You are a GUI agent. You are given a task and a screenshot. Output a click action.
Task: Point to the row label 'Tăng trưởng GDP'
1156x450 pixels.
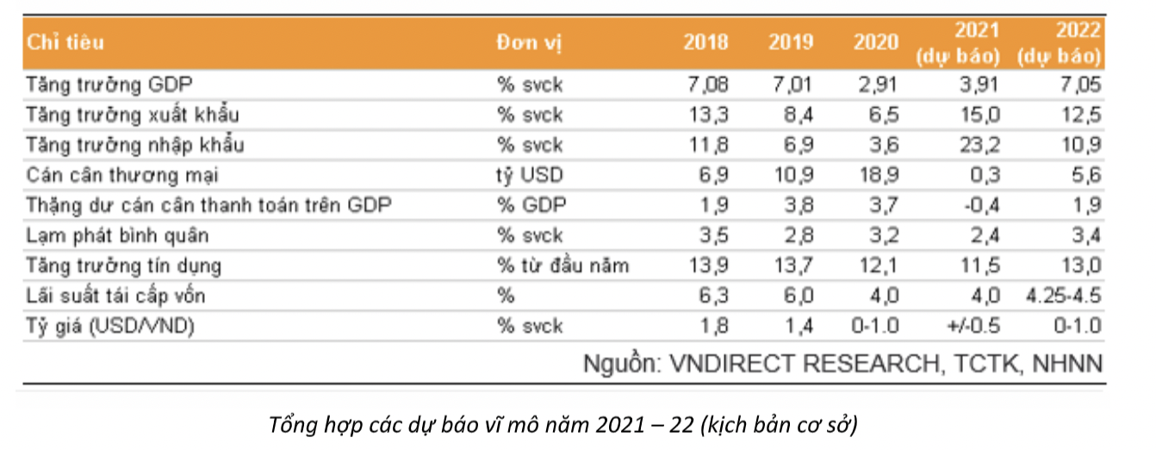tap(109, 85)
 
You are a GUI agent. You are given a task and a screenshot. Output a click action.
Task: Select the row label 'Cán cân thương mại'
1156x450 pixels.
tap(122, 175)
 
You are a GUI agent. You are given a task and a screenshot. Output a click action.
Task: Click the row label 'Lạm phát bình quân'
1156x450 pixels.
tap(117, 235)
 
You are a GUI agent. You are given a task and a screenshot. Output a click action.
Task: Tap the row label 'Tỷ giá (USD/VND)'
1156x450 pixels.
tap(110, 326)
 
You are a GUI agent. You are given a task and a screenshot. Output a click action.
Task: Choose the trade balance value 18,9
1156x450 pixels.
tap(879, 175)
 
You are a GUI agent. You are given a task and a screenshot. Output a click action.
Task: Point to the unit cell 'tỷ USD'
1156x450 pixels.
tap(530, 175)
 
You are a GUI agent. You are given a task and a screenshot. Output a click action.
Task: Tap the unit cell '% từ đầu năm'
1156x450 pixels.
tap(562, 266)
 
